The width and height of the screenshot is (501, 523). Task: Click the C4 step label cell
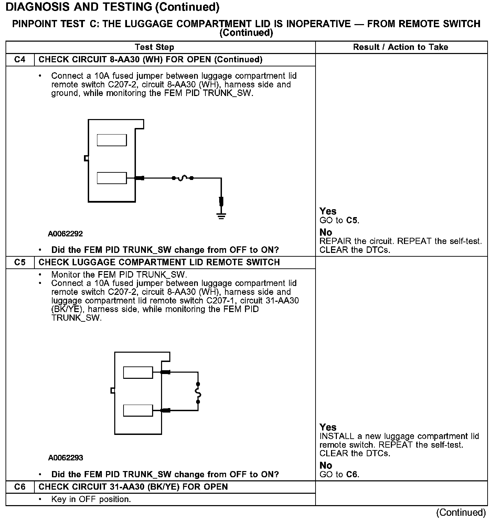click(x=20, y=60)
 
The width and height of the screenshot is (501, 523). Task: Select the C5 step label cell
click(x=20, y=263)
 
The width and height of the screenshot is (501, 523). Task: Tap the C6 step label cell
click(x=20, y=487)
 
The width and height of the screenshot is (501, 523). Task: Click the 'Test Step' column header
click(x=154, y=47)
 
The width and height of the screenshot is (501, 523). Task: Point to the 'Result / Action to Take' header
click(x=401, y=47)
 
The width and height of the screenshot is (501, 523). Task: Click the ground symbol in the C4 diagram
click(x=221, y=216)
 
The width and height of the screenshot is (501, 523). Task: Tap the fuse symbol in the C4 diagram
click(x=183, y=178)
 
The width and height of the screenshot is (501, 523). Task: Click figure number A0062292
click(x=65, y=234)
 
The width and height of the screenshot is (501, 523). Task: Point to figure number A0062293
click(x=66, y=458)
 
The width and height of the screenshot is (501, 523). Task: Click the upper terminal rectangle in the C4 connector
click(x=111, y=140)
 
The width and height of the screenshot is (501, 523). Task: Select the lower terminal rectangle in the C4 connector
click(x=111, y=178)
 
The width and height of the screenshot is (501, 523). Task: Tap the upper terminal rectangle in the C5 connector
click(x=138, y=372)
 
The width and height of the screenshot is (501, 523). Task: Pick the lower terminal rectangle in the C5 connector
click(x=138, y=410)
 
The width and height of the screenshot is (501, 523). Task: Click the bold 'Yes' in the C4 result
click(x=328, y=211)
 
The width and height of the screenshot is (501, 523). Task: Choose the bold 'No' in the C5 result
click(x=326, y=466)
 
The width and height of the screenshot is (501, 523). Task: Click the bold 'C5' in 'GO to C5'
click(x=352, y=220)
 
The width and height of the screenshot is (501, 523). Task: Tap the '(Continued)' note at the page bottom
click(x=461, y=513)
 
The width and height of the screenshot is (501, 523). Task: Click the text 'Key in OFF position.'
click(x=91, y=499)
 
